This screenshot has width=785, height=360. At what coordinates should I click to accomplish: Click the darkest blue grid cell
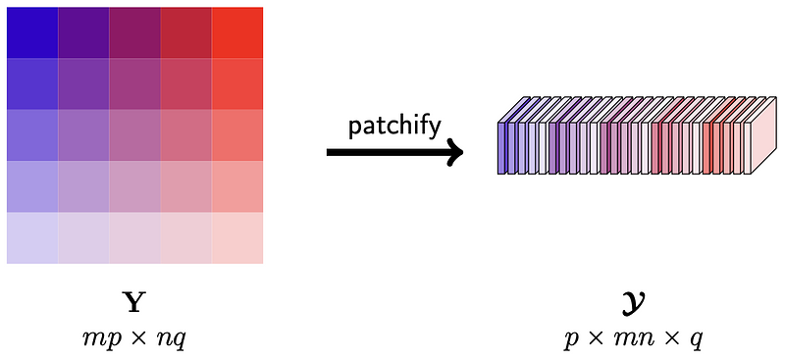point(32,32)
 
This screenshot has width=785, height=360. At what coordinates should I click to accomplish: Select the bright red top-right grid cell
point(237,32)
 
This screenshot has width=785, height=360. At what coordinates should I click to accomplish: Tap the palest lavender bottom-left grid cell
point(32,237)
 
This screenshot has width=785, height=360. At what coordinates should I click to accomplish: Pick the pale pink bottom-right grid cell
point(237,237)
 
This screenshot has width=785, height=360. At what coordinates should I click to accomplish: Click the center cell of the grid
point(135,135)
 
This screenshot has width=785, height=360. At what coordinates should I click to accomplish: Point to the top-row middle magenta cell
point(135,32)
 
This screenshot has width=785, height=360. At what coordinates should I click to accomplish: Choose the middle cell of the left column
point(32,135)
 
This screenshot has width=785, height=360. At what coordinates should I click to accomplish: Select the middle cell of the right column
point(237,135)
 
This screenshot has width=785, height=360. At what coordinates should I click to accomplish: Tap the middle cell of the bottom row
point(135,237)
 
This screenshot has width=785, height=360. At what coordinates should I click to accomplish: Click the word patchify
point(394,128)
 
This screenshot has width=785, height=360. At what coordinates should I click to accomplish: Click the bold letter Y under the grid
point(134,304)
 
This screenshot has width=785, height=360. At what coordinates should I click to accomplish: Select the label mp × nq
point(134,340)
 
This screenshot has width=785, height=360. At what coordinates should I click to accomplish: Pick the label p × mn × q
point(633,340)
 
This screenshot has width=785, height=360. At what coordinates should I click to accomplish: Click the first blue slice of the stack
point(501,148)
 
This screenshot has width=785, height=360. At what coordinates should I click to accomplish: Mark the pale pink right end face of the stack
point(764,136)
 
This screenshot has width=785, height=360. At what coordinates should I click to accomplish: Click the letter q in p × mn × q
point(698,343)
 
